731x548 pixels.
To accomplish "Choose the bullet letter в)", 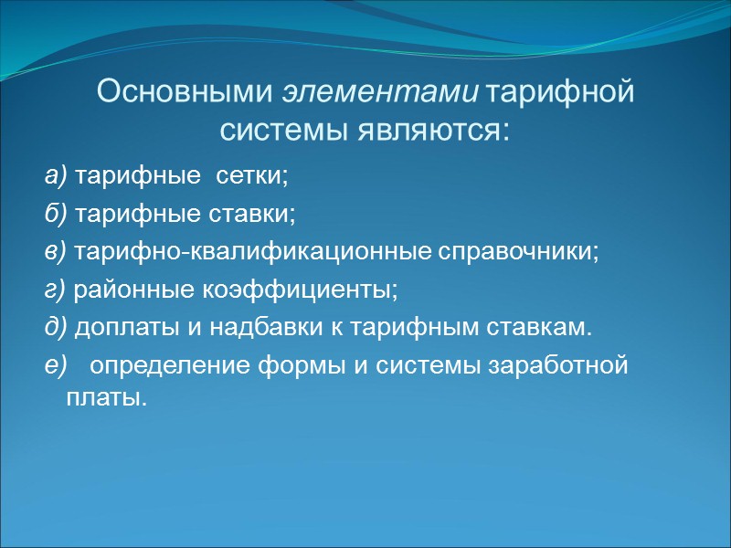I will coord(56,251).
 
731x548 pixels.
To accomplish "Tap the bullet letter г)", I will coord(55,290).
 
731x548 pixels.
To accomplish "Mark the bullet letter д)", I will coord(56,328).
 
